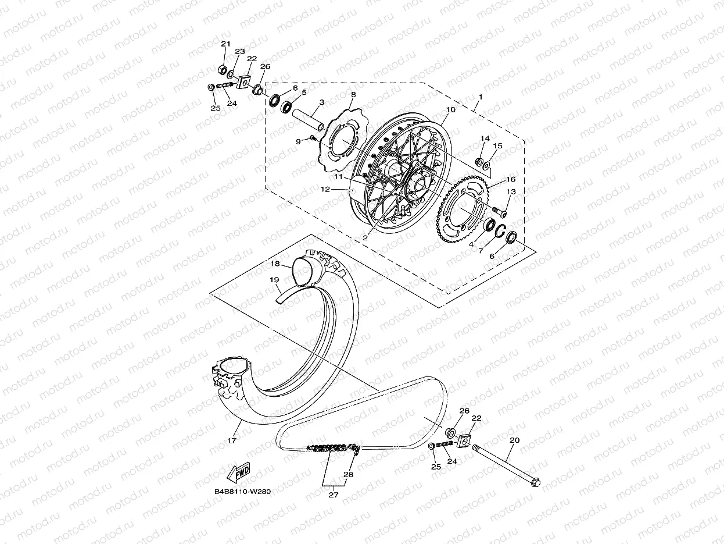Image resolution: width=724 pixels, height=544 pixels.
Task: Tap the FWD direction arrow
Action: coord(238,472)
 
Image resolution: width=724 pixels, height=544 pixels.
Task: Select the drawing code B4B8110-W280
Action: coord(242,491)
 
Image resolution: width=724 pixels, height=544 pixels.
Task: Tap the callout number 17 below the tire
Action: coord(232,440)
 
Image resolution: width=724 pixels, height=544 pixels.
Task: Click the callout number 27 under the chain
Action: coord(334,495)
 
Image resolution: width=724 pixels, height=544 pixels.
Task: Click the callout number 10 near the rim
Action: coord(450,109)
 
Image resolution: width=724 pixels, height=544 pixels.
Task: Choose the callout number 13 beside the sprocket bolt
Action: coord(511,191)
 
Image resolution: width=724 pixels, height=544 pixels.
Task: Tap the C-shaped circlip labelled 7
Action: coord(500,231)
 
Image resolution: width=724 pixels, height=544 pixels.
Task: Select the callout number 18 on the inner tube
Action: coord(275,264)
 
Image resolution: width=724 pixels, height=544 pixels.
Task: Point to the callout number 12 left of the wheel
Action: coord(325,189)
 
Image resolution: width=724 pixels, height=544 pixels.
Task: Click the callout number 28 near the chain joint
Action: coord(347,474)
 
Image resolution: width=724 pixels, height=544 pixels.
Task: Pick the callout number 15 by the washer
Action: coord(498,145)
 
